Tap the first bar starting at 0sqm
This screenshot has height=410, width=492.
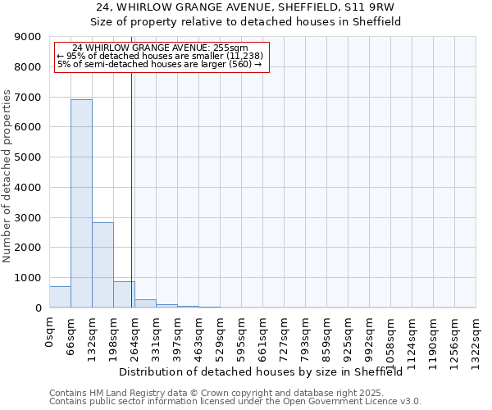coord(60,297)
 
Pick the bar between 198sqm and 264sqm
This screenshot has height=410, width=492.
coord(124,294)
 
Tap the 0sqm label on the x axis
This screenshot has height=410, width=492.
coord(50,332)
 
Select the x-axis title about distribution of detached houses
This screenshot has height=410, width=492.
coord(266,371)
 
